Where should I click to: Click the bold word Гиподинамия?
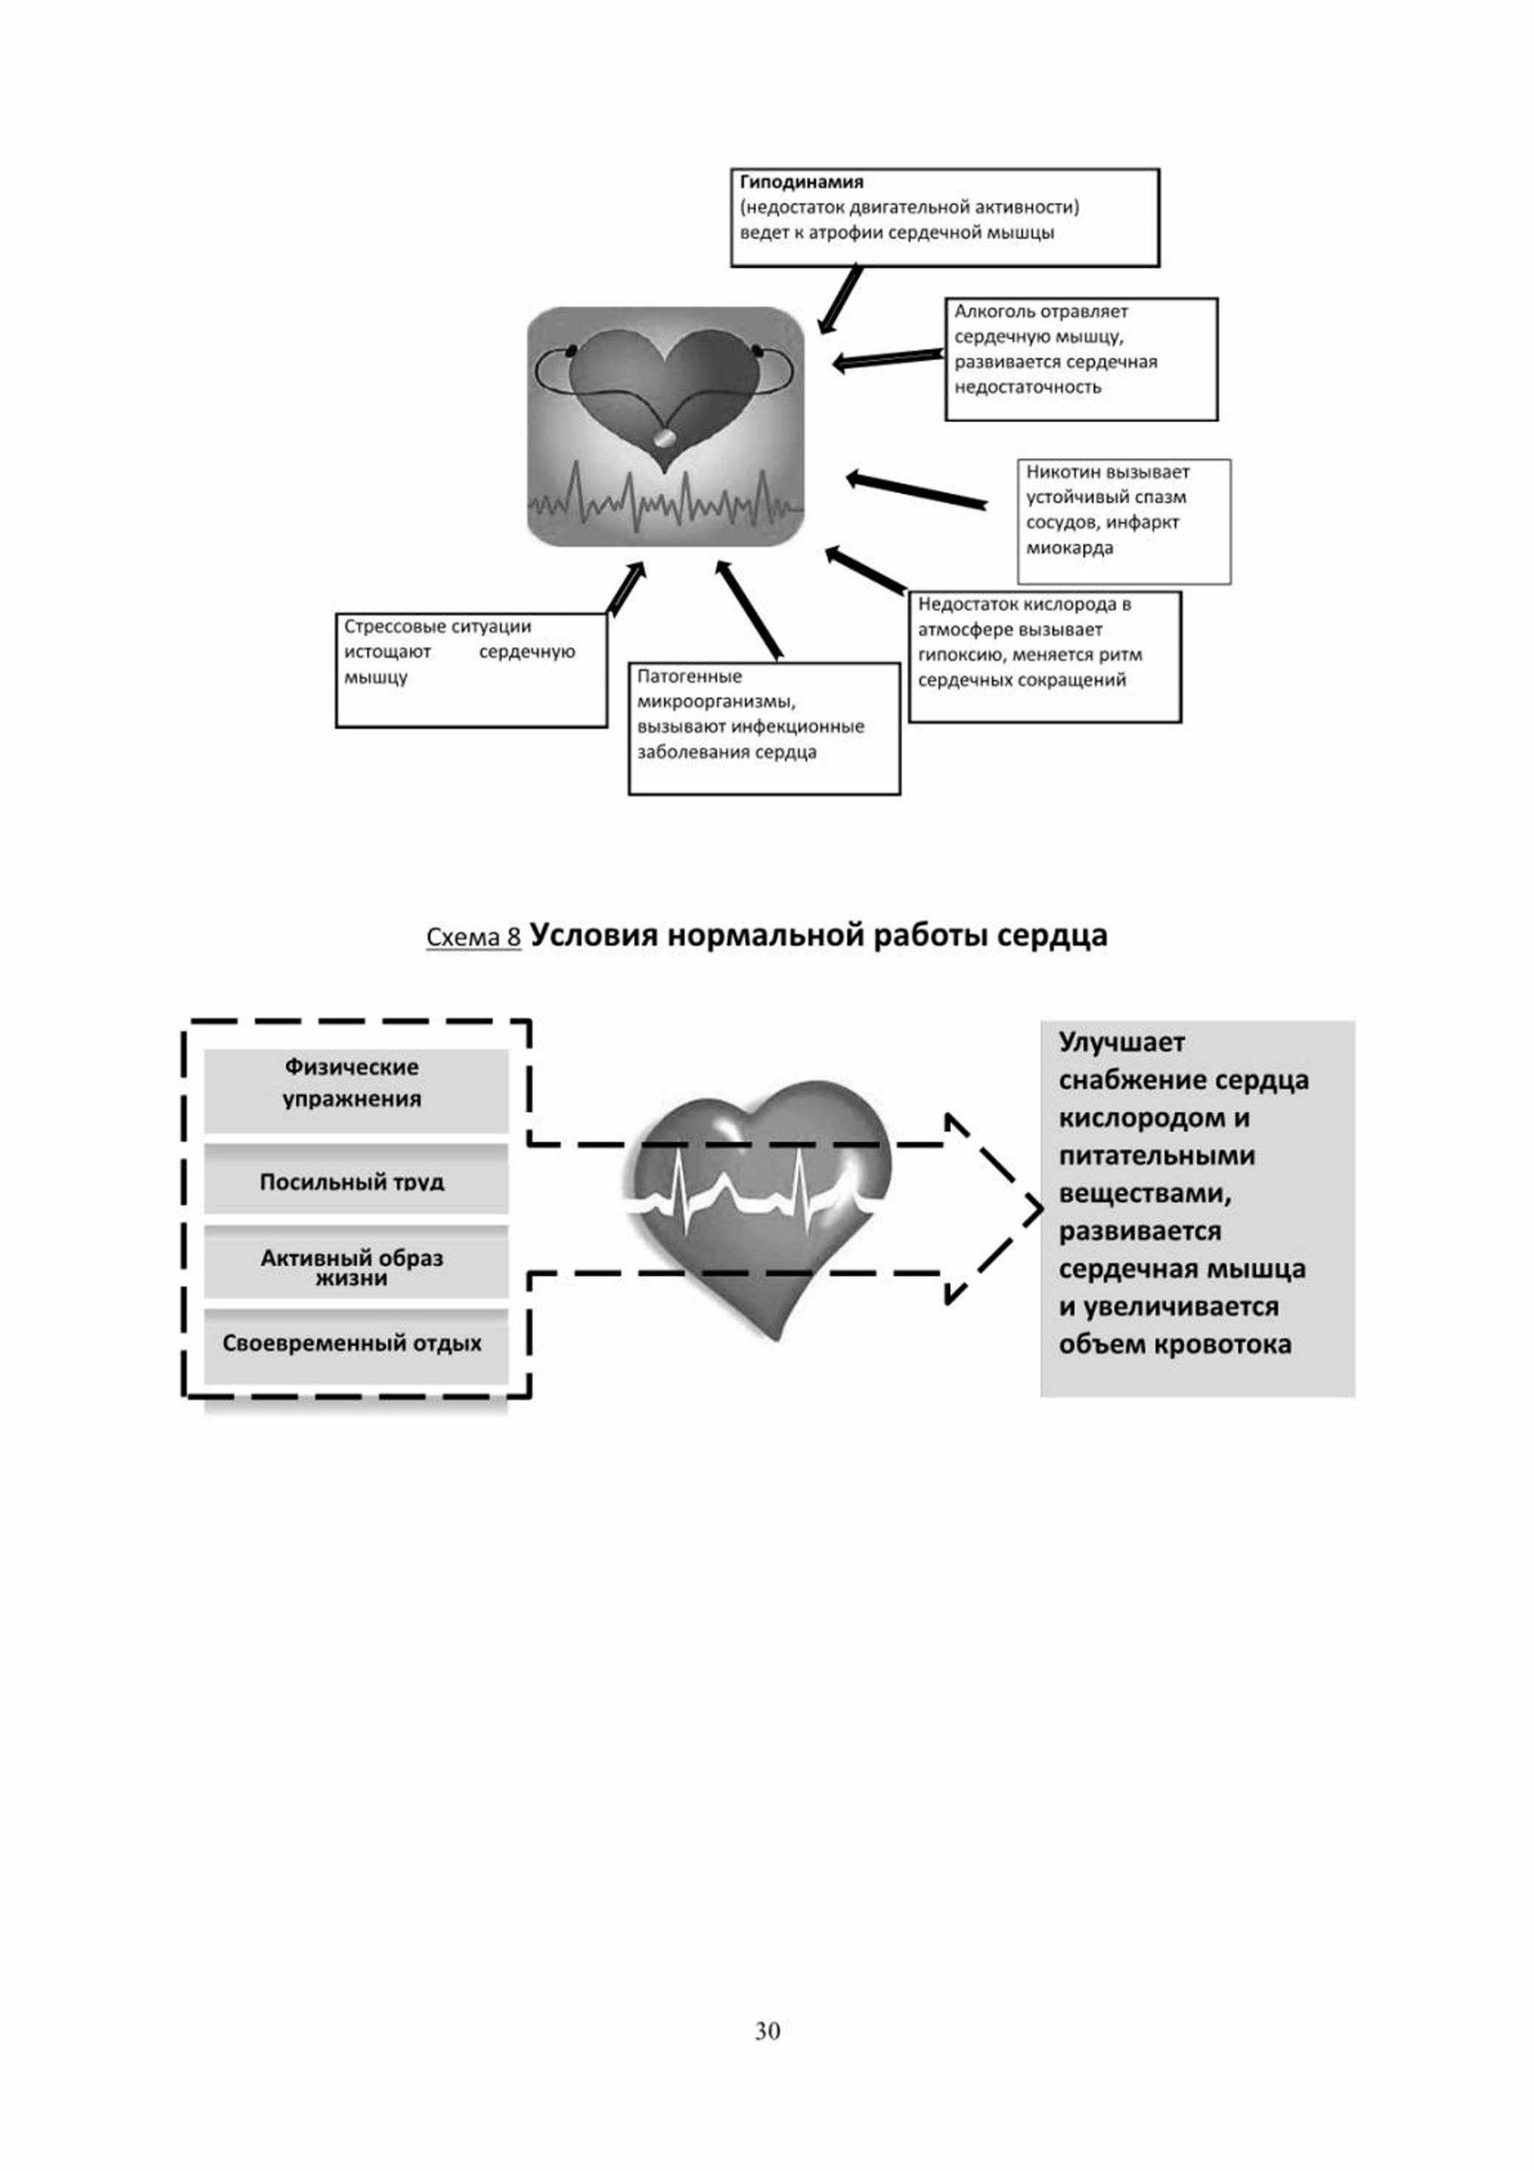pyautogui.click(x=801, y=183)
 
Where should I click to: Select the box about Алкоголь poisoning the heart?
pyautogui.click(x=1081, y=359)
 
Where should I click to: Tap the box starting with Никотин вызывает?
pyautogui.click(x=1125, y=522)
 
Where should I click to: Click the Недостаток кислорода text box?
pyautogui.click(x=1045, y=657)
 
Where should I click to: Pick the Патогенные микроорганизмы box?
pyautogui.click(x=764, y=728)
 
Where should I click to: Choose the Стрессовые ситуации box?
pyautogui.click(x=471, y=671)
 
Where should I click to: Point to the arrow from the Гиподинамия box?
pyautogui.click(x=840, y=299)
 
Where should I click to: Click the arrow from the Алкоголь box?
pyautogui.click(x=888, y=360)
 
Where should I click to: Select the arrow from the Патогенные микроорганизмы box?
pyautogui.click(x=749, y=609)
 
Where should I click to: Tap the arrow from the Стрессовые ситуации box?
pyautogui.click(x=626, y=589)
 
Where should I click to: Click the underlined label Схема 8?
pyautogui.click(x=474, y=937)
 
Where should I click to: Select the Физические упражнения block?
pyautogui.click(x=356, y=1090)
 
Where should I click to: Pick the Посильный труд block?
pyautogui.click(x=356, y=1179)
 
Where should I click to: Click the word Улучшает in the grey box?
pyautogui.click(x=1121, y=1042)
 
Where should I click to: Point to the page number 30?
pyautogui.click(x=767, y=2030)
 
